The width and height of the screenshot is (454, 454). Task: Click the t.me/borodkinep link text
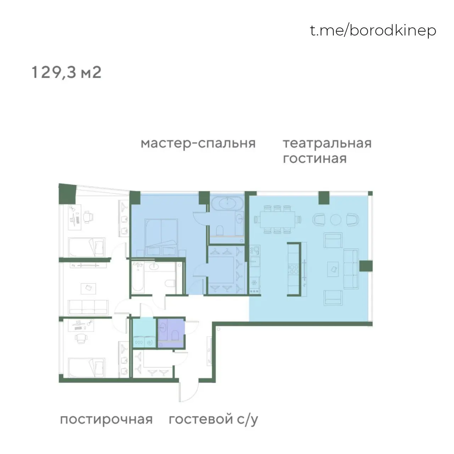[x=373, y=31]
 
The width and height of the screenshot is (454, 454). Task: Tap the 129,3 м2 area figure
[x=67, y=72]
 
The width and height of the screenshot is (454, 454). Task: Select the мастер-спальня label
[x=198, y=143]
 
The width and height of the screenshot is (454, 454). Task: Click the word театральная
[x=327, y=143]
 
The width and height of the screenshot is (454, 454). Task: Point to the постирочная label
[x=106, y=420]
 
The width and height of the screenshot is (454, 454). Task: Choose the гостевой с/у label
[x=213, y=420]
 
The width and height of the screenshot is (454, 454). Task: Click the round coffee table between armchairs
[x=336, y=220]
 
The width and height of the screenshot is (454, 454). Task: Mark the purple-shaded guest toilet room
[x=171, y=333]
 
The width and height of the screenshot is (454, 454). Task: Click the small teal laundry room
[x=144, y=333]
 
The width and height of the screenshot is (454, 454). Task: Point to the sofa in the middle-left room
[x=88, y=305]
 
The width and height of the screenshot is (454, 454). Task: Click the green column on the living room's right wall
[x=366, y=266]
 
